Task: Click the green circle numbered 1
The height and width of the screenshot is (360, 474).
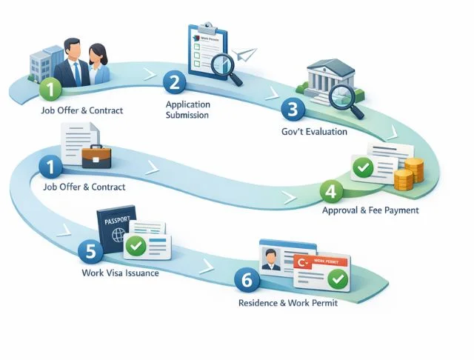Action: pos(49,90)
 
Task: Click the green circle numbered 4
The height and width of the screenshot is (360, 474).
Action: pos(331,190)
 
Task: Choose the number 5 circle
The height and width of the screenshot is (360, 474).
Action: pos(90,251)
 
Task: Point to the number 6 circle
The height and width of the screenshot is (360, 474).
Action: pos(246,280)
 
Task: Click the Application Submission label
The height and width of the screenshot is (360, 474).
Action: pos(187,110)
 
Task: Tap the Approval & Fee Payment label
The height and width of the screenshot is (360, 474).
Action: pos(370,210)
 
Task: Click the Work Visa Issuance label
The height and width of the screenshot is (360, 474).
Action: pos(120,273)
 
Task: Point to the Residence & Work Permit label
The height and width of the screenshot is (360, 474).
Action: pos(288,303)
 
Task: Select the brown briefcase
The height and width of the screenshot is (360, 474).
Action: pos(96,156)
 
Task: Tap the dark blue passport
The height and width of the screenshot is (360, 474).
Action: pos(116,231)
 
